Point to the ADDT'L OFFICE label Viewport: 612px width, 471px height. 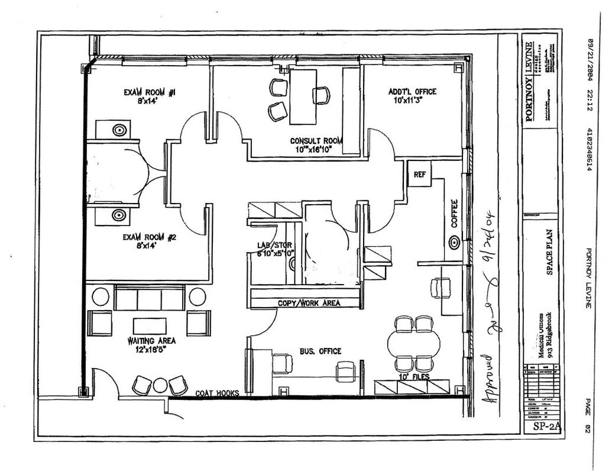[412, 91]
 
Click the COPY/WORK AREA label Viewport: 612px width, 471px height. [309, 303]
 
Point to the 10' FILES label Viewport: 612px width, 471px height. [413, 377]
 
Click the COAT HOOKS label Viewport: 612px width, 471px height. [219, 393]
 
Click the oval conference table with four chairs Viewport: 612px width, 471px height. [414, 343]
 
